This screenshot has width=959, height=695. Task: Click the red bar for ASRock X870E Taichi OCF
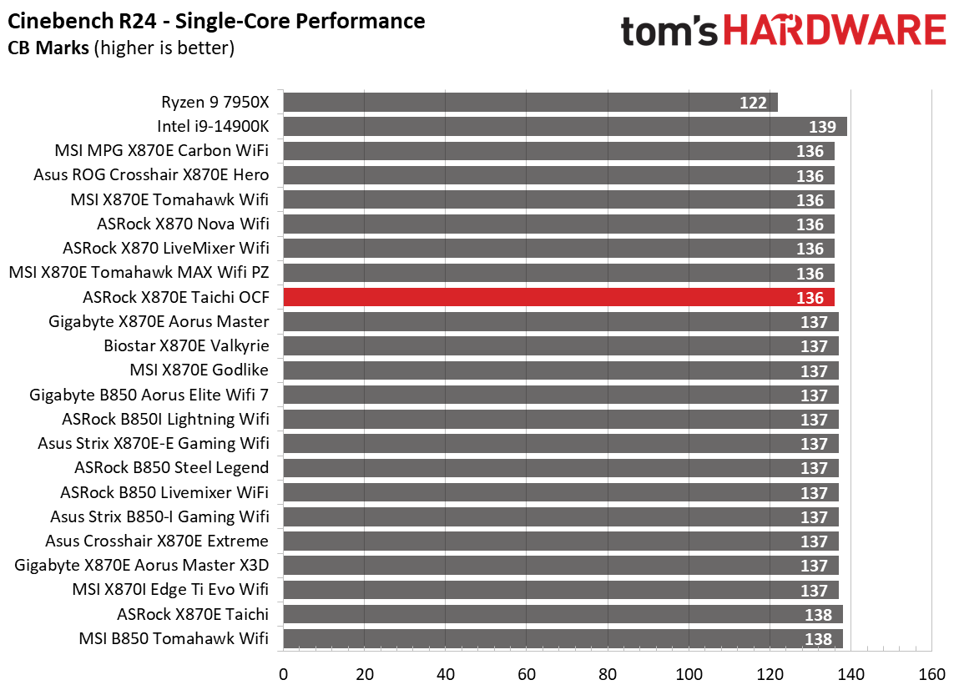point(558,298)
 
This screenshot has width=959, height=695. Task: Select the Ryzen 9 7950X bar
point(530,103)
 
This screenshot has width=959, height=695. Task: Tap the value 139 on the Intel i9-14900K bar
point(823,128)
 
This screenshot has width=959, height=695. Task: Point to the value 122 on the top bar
point(753,103)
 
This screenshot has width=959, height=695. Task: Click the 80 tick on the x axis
point(608,674)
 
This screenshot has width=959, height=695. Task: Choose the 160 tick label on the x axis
point(931,674)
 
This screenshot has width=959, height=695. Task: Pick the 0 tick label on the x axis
point(284,674)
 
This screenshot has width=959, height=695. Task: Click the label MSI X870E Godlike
point(199,370)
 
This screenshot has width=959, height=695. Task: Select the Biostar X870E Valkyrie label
point(186,346)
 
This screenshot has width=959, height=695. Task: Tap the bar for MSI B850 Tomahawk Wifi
point(563,639)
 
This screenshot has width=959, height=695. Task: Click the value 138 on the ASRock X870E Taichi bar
point(819,615)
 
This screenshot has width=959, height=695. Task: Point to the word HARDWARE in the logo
point(834,32)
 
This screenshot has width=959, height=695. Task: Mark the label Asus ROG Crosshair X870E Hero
point(151,175)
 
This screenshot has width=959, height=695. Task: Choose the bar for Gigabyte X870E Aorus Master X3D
point(561,566)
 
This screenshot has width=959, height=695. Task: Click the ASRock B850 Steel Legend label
point(171,468)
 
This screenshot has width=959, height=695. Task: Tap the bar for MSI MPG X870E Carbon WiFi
point(558,151)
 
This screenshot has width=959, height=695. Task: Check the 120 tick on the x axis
point(770,674)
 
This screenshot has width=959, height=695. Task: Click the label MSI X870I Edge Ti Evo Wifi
point(170,590)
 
